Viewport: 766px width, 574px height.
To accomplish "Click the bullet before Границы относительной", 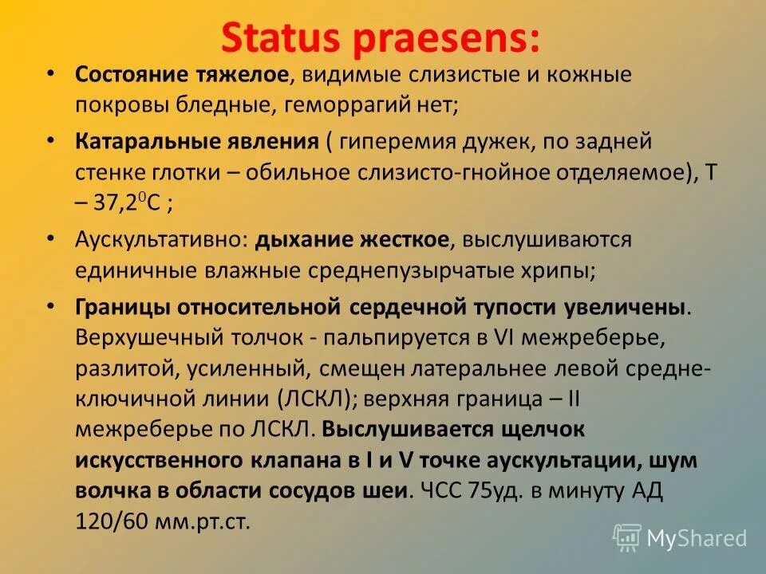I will pos(50,305).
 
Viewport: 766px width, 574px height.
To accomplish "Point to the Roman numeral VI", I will pos(504,337).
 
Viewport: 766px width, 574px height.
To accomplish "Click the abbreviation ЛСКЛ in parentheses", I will pos(302,398).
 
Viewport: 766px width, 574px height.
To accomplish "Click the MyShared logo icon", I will pos(626,537).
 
